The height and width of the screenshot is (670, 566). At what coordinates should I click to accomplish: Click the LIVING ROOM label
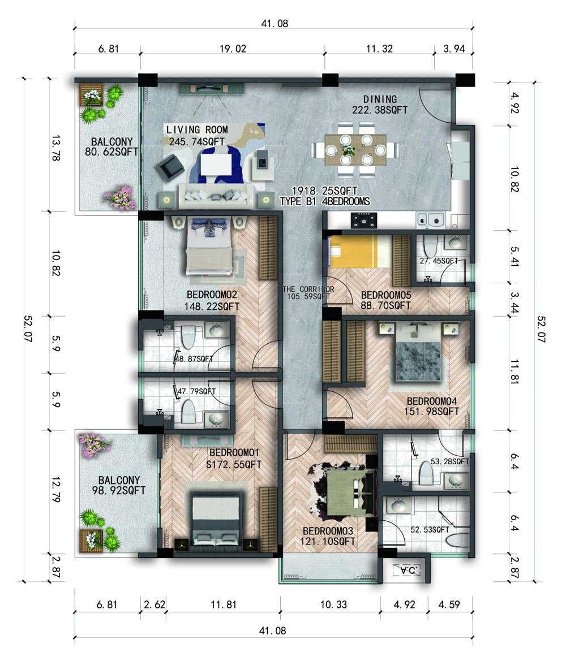197,129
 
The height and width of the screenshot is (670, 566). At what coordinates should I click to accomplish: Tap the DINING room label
380,99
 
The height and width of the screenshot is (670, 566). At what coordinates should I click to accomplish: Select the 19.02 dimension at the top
233,49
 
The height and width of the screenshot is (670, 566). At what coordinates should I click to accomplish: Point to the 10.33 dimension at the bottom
333,604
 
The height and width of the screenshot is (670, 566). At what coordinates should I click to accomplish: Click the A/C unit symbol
407,570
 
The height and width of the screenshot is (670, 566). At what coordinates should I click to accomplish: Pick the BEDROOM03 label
328,531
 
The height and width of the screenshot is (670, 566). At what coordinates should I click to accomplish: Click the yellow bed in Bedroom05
360,252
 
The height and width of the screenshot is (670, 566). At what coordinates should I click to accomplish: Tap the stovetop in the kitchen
363,221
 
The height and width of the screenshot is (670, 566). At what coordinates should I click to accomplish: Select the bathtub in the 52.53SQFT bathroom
458,539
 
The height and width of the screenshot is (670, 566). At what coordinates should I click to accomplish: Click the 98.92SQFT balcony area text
119,491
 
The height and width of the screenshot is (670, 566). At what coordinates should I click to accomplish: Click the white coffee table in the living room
216,164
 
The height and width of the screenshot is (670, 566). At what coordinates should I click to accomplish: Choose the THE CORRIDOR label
308,289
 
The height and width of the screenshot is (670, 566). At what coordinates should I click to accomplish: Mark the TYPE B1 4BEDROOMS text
325,201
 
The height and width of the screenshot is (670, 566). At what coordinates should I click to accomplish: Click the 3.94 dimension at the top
454,49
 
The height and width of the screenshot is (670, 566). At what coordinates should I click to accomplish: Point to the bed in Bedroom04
418,352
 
